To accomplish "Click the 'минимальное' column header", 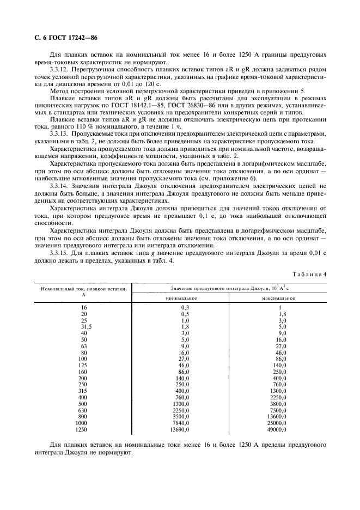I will [x=181, y=298].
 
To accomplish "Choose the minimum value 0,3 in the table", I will [x=185, y=308].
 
